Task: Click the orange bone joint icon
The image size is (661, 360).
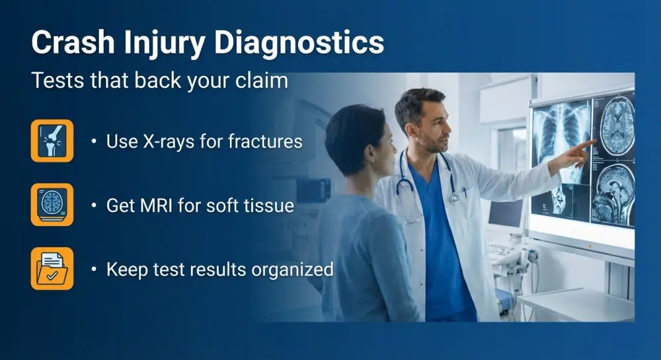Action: pyautogui.click(x=52, y=141)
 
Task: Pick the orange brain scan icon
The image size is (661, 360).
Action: pyautogui.click(x=52, y=205)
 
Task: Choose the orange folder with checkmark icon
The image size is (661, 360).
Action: pyautogui.click(x=52, y=269)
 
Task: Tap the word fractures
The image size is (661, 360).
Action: pyautogui.click(x=264, y=141)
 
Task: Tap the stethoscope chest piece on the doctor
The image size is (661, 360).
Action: pyautogui.click(x=454, y=198)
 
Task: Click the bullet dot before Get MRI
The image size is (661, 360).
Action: pyautogui.click(x=94, y=205)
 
